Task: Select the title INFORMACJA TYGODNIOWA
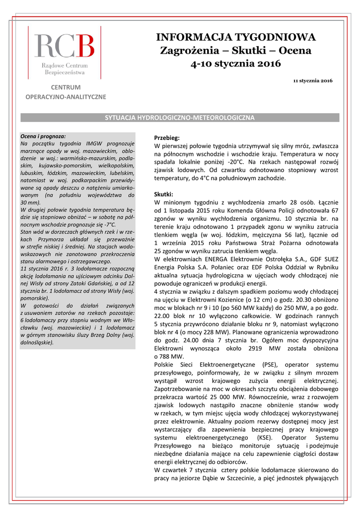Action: (x=236, y=37)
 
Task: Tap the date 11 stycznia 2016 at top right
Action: (x=313, y=80)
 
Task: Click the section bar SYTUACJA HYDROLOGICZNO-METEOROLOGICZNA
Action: (x=179, y=118)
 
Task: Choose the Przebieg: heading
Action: (x=167, y=138)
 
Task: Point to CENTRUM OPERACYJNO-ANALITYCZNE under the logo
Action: (x=66, y=92)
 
